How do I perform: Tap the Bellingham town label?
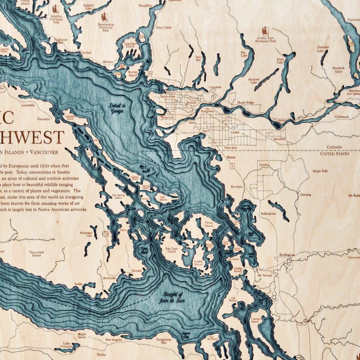pyautogui.click(x=268, y=214)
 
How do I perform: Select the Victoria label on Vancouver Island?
pyautogui.click(x=137, y=270)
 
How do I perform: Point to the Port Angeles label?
pyautogui.click(x=113, y=340)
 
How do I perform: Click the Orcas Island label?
pyautogui.click(x=209, y=224)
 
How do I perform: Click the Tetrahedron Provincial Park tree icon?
pyautogui.click(x=104, y=17)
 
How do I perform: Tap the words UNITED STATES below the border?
pyautogui.click(x=334, y=154)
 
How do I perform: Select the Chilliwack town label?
pyautogui.click(x=341, y=117)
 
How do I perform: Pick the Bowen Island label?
pyautogui.click(x=132, y=74)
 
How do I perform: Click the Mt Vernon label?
pyautogui.click(x=265, y=275)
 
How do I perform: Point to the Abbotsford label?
pyautogui.click(x=279, y=138)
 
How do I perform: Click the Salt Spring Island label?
pyautogui.click(x=118, y=197)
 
